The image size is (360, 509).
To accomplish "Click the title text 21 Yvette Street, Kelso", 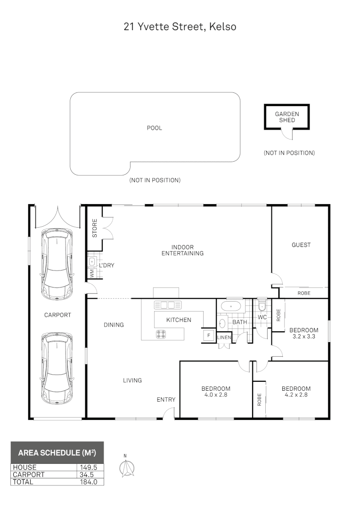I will pyautogui.click(x=180, y=27).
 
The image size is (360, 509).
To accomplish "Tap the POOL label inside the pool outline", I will pyautogui.click(x=155, y=128).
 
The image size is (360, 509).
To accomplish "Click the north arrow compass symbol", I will pyautogui.click(x=126, y=468).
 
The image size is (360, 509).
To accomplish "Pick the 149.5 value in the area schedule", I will pyautogui.click(x=90, y=467).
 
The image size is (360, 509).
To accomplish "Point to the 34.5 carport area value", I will pyautogui.click(x=90, y=475).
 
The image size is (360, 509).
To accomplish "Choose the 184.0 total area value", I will pyautogui.click(x=90, y=482).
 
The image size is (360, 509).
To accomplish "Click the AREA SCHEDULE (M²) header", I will pyautogui.click(x=57, y=453).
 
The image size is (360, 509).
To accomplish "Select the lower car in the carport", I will pyautogui.click(x=57, y=369).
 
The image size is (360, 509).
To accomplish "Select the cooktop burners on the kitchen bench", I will pyautogui.click(x=161, y=334).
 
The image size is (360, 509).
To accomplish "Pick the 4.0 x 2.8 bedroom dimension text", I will pyautogui.click(x=216, y=395).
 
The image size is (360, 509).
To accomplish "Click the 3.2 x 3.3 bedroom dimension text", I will pyautogui.click(x=303, y=337).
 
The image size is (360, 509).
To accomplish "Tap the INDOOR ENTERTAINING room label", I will pyautogui.click(x=182, y=250).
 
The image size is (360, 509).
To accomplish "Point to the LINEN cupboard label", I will pyautogui.click(x=224, y=337).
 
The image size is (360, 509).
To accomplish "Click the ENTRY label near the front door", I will pyautogui.click(x=166, y=400).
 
